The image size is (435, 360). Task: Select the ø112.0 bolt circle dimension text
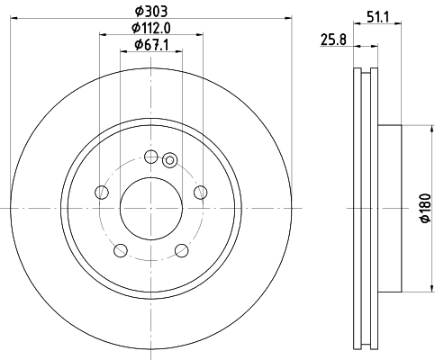[150, 28]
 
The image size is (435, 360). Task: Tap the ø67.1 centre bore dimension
[151, 45]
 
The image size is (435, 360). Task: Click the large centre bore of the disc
[151, 207]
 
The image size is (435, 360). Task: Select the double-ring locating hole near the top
[168, 160]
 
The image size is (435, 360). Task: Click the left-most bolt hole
[102, 193]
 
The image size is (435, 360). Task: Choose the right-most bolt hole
[201, 192]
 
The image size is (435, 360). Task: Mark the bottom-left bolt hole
[120, 249]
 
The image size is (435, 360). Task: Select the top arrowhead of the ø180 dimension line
[416, 129]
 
